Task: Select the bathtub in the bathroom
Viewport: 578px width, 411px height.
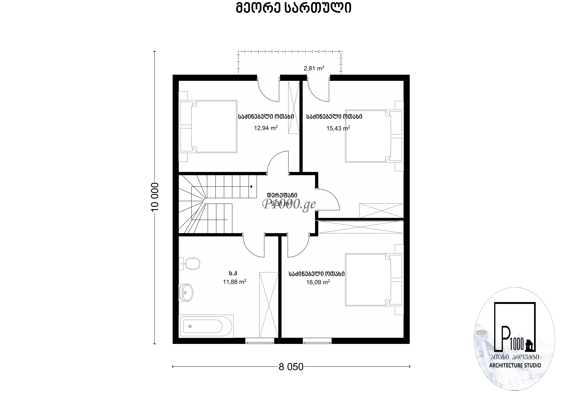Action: pyautogui.click(x=206, y=326)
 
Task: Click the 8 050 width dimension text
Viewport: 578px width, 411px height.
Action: pyautogui.click(x=291, y=367)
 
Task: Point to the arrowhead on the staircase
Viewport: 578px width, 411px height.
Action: pyautogui.click(x=251, y=187)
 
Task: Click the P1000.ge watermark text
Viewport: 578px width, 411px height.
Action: pyautogui.click(x=289, y=204)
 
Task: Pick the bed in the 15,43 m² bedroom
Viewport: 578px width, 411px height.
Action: pyautogui.click(x=374, y=136)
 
